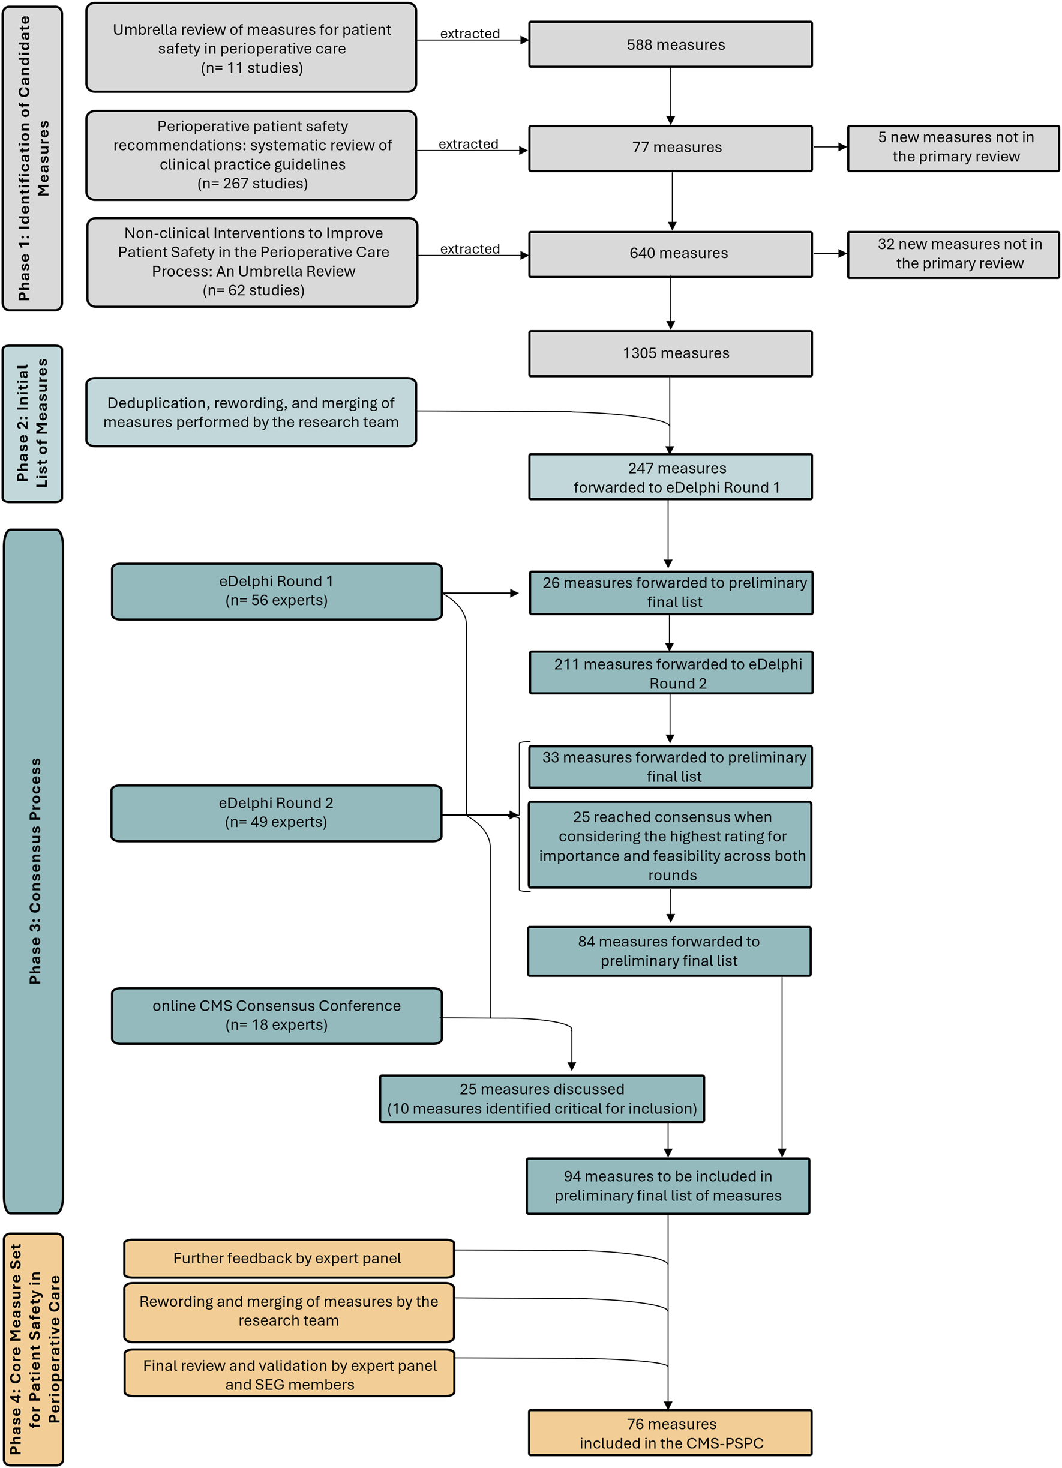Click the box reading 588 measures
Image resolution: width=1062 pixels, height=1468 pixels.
coord(670,44)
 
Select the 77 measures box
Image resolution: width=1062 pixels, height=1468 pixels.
coord(670,148)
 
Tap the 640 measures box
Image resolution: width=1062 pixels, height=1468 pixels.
coord(670,254)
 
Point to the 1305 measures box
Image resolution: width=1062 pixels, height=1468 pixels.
coord(670,353)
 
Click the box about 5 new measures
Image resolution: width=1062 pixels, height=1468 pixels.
coord(953,148)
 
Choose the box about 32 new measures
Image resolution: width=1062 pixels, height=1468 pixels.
coord(953,254)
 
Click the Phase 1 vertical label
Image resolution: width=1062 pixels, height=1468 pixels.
coord(32,158)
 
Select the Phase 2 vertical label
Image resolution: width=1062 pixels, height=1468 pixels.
coord(32,423)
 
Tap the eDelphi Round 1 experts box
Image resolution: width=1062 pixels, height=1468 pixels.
coord(277,591)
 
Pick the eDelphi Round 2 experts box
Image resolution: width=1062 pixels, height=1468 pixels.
coord(277,813)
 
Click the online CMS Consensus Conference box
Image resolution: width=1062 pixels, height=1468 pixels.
coord(277,1015)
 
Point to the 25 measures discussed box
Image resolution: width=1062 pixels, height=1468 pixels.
coord(542,1099)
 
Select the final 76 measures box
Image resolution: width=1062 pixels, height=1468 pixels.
coord(670,1433)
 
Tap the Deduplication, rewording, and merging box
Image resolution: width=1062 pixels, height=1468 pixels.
coord(251,412)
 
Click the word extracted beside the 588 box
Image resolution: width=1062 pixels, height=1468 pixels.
coord(470,34)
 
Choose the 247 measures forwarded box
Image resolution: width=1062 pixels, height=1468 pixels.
coord(670,477)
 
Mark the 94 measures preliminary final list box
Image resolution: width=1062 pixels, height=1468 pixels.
coord(668,1186)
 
